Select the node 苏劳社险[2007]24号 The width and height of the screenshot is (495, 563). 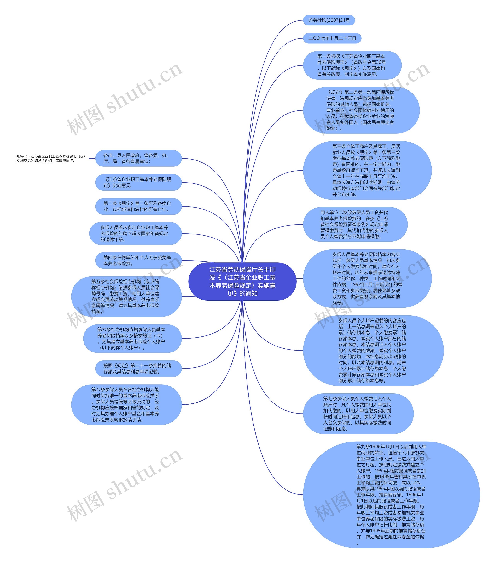tap(329, 20)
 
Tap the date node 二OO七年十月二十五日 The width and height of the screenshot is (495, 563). tap(332, 38)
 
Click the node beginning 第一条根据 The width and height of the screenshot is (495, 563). tap(352, 65)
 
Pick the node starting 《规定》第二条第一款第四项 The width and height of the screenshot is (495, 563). tap(361, 110)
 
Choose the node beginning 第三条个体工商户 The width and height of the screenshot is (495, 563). tap(367, 170)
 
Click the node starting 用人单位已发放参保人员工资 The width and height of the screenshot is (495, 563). tap(355, 224)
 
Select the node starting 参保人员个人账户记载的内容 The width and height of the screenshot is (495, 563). tap(373, 350)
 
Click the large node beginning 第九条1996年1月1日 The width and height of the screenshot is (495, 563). tap(391, 494)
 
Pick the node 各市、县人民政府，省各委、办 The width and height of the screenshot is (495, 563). tap(138, 158)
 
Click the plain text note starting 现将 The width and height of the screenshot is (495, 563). tap(51, 158)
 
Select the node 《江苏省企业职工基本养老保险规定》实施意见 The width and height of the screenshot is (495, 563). tap(138, 182)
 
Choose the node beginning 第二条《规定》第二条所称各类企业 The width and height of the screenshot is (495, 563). tap(138, 206)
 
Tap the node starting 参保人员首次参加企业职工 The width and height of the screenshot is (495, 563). tap(135, 233)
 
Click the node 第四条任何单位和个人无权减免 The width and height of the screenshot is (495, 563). tap(138, 260)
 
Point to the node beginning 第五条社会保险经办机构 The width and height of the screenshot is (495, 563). tap(126, 296)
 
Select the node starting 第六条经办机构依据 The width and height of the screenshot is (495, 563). tap(132, 338)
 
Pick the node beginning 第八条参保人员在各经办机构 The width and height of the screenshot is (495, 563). tap(126, 404)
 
